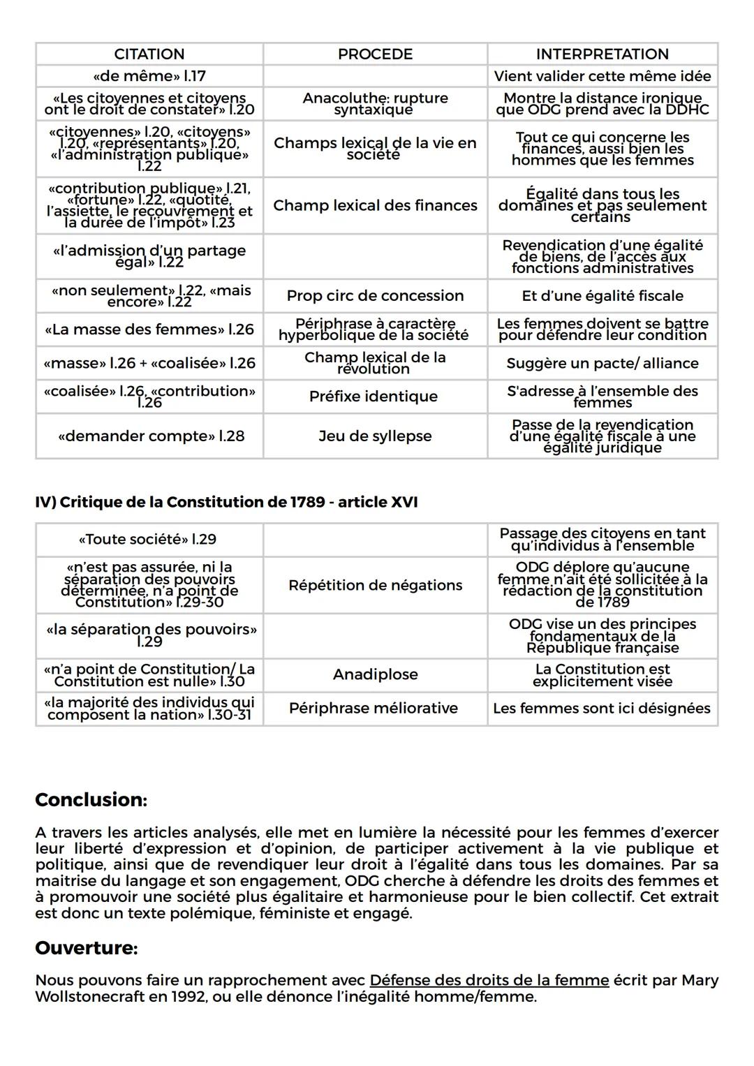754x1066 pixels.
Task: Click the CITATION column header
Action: pos(149,54)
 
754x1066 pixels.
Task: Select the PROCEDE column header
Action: pos(375,54)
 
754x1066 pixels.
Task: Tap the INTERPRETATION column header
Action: pos(602,54)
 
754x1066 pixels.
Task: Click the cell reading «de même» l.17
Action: pos(149,76)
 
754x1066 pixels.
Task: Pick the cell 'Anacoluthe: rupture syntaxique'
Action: pos(375,104)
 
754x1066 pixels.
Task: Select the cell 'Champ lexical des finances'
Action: pos(375,205)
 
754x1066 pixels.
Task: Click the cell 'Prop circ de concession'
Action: pos(375,296)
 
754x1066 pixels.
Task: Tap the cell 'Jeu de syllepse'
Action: pos(375,436)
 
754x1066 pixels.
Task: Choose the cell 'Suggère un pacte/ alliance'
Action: pos(602,364)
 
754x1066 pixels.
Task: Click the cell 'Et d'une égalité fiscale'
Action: pos(602,296)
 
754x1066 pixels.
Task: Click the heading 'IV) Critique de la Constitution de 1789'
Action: pos(226,503)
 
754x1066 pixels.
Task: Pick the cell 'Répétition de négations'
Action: pos(375,586)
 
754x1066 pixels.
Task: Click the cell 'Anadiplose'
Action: pos(375,675)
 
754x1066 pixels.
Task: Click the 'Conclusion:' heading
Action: pos(91,800)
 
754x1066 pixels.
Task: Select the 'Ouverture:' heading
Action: pos(87,949)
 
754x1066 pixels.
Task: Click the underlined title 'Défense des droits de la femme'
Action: pos(489,981)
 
